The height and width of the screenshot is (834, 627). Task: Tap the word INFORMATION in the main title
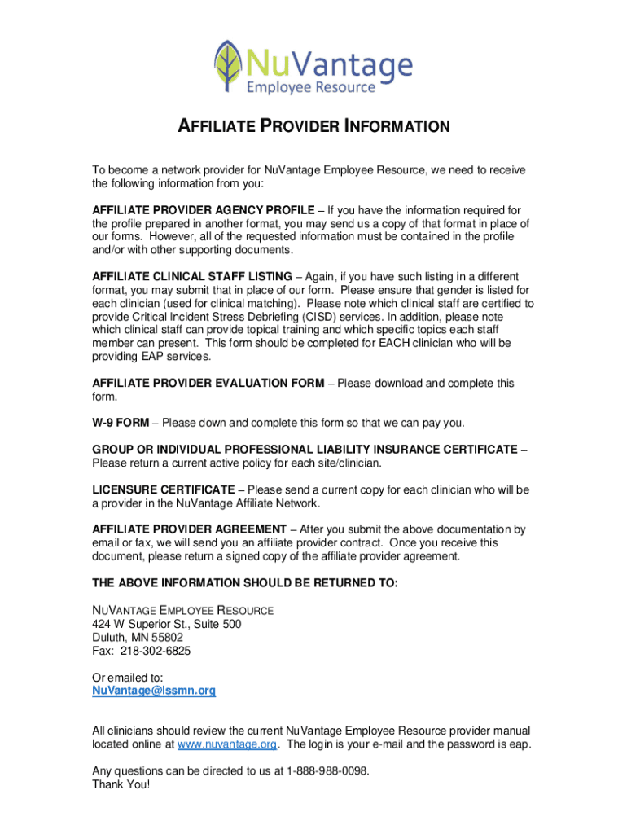pos(397,126)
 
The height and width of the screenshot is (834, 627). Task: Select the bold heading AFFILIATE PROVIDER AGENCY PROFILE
pos(201,210)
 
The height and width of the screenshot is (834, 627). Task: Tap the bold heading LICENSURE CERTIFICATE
pos(163,489)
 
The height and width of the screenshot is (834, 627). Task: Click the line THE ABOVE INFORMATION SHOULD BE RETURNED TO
pos(245,583)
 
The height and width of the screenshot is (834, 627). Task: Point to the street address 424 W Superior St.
pos(143,624)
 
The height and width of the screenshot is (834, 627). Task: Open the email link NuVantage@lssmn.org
pos(154,691)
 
